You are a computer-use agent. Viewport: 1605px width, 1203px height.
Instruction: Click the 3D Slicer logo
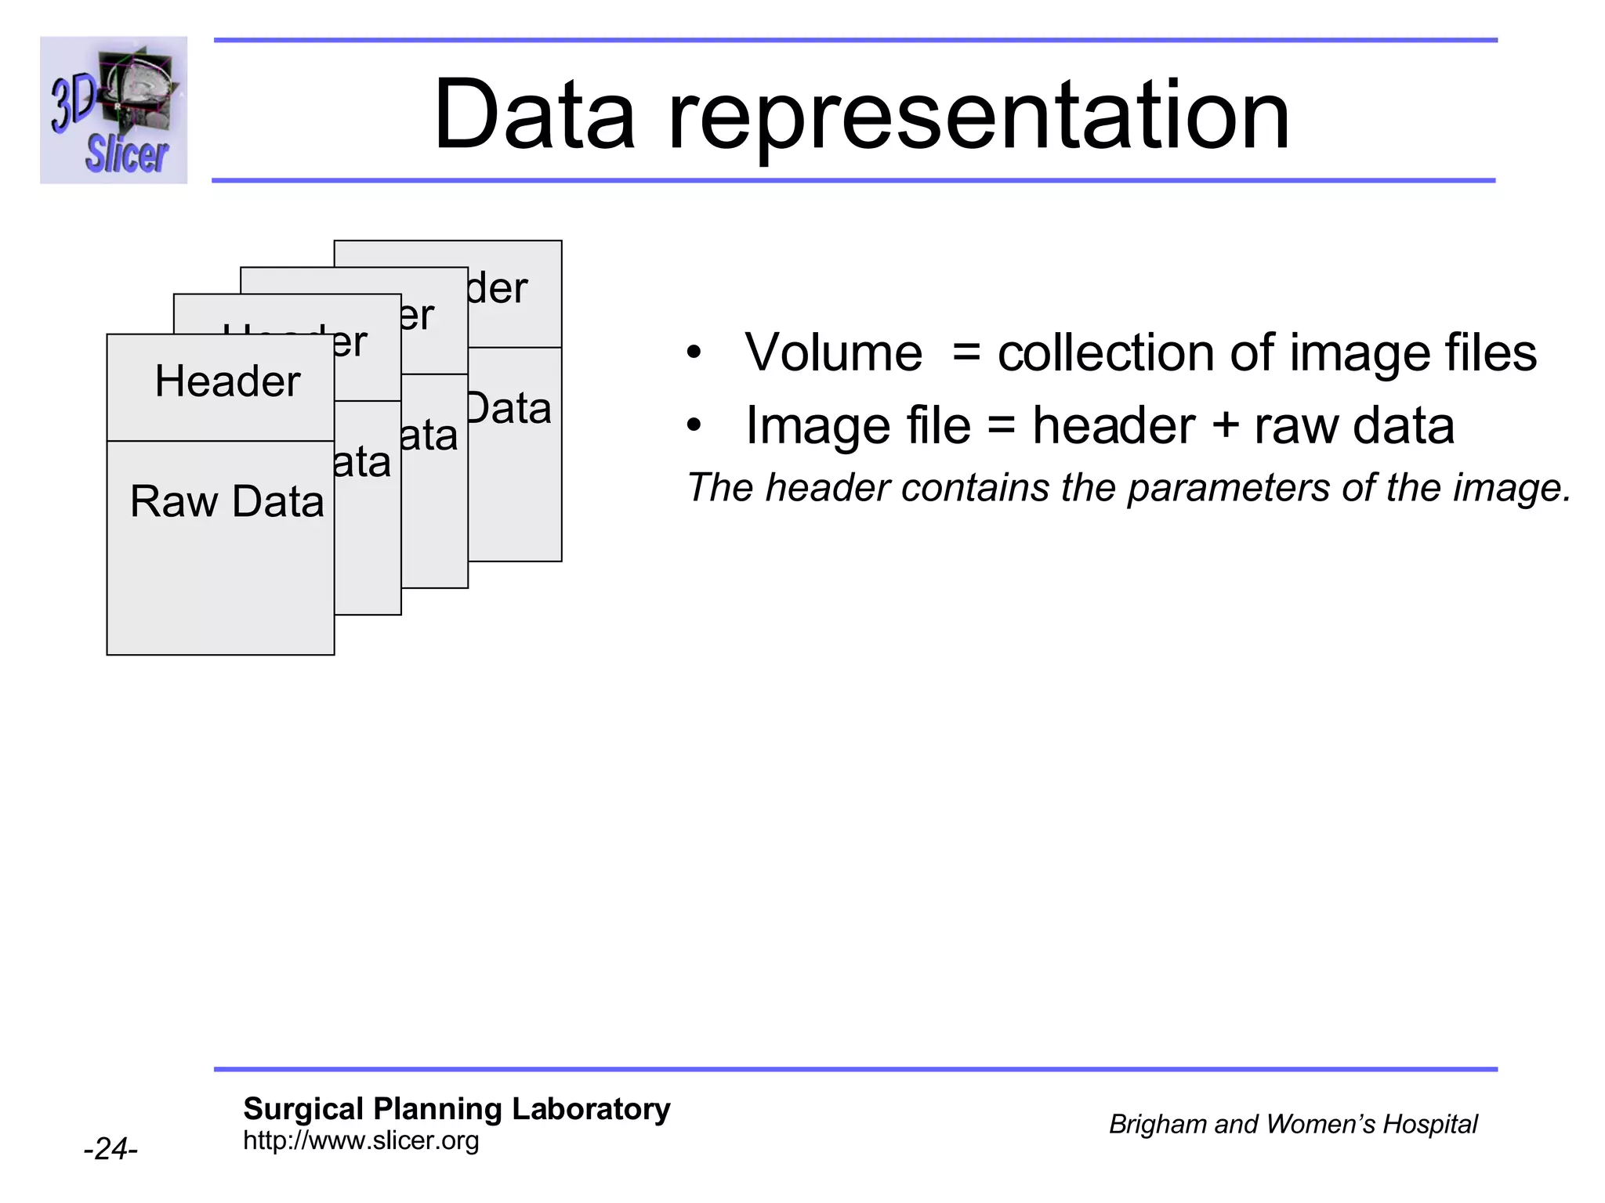pyautogui.click(x=114, y=110)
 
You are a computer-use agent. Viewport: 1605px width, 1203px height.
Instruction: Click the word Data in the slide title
pyautogui.click(x=534, y=115)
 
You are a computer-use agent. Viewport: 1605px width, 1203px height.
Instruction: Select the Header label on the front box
pyautogui.click(x=227, y=381)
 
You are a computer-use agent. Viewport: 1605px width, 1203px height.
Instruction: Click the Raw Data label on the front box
pyautogui.click(x=226, y=501)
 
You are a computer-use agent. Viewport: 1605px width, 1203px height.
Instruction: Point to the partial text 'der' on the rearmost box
pyautogui.click(x=497, y=289)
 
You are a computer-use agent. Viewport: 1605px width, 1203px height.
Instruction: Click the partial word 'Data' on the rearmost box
pyautogui.click(x=509, y=409)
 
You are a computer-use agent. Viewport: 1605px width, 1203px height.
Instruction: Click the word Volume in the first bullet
pyautogui.click(x=833, y=352)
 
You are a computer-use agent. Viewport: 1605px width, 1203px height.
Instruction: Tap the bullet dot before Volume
pyautogui.click(x=694, y=354)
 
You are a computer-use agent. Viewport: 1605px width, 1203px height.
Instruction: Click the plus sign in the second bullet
pyautogui.click(x=1224, y=427)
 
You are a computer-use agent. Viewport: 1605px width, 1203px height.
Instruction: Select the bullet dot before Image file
pyautogui.click(x=694, y=426)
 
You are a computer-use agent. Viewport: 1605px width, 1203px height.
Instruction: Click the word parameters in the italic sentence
pyautogui.click(x=1228, y=489)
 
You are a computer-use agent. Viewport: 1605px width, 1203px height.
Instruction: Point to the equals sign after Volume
pyautogui.click(x=966, y=354)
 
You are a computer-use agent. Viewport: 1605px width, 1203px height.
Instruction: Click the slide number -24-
pyautogui.click(x=111, y=1149)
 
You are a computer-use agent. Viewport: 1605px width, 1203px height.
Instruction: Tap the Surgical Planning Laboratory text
pyautogui.click(x=456, y=1109)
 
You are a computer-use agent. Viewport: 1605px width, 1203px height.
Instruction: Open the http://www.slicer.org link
pyautogui.click(x=360, y=1140)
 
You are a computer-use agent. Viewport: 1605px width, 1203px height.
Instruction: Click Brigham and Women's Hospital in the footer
pyautogui.click(x=1292, y=1124)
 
